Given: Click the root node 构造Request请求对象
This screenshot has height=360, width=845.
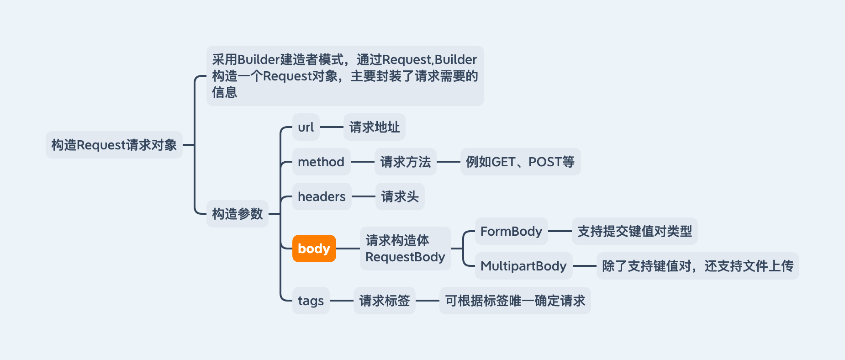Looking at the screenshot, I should pos(114,145).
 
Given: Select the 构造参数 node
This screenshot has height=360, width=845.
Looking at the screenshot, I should pos(237,213).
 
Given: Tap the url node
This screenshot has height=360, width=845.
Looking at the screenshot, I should pos(306,127).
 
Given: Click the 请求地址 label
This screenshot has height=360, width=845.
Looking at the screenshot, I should pos(374,127).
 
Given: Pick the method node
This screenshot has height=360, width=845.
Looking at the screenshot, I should pos(321,162).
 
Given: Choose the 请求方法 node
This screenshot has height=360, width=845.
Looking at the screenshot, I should pos(405,162).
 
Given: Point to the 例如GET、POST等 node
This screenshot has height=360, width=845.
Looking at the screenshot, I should pos(520,162).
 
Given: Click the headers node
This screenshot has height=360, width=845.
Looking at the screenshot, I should pos(322,196).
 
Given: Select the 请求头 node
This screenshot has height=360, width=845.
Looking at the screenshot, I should pos(400,196).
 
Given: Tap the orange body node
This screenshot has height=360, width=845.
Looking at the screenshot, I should pos(314,249).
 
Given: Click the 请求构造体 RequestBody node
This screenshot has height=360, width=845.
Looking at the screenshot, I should pos(405,249).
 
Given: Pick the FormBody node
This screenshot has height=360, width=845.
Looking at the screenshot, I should pos(511,231).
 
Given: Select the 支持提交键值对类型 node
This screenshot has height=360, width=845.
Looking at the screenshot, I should pos(634,231).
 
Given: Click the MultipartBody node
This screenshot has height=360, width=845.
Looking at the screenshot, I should pos(523,266).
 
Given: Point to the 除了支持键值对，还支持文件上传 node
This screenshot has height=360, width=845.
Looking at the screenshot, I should pos(697,266).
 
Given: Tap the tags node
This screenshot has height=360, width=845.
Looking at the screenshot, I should pos(311,301).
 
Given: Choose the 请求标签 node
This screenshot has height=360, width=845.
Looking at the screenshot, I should pos(384,301).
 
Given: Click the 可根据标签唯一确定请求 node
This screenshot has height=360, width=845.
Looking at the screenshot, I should pos(515,301).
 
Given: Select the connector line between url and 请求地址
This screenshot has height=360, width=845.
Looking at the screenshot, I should pos(332,127).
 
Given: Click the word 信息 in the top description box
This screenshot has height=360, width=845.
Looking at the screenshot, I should pos(225,92).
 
